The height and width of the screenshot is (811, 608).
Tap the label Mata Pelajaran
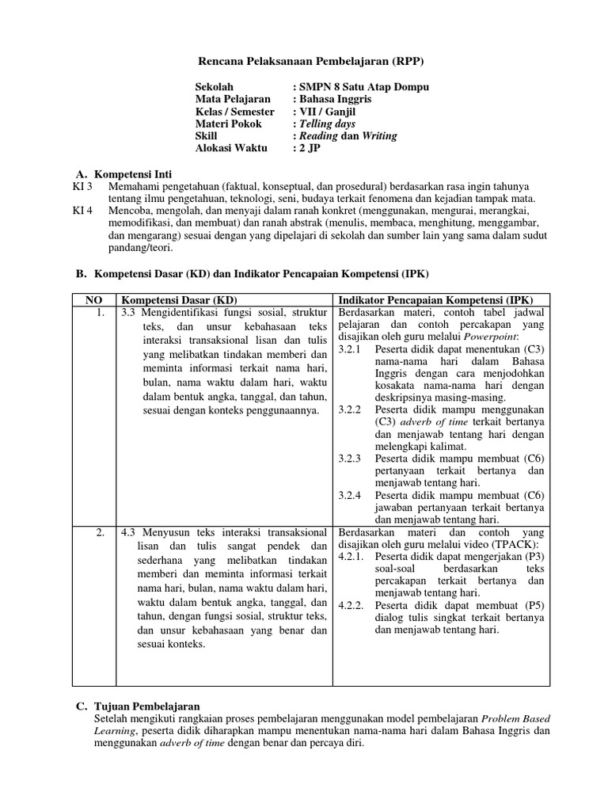(233, 100)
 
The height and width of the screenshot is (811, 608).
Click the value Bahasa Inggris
(334, 100)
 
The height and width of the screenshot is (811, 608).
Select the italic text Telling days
(326, 124)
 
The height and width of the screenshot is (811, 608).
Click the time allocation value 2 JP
(312, 148)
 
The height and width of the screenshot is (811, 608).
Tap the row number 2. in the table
(100, 533)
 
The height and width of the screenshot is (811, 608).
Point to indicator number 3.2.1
(349, 348)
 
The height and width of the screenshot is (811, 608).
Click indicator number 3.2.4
(349, 495)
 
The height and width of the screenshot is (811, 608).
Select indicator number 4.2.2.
(351, 605)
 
